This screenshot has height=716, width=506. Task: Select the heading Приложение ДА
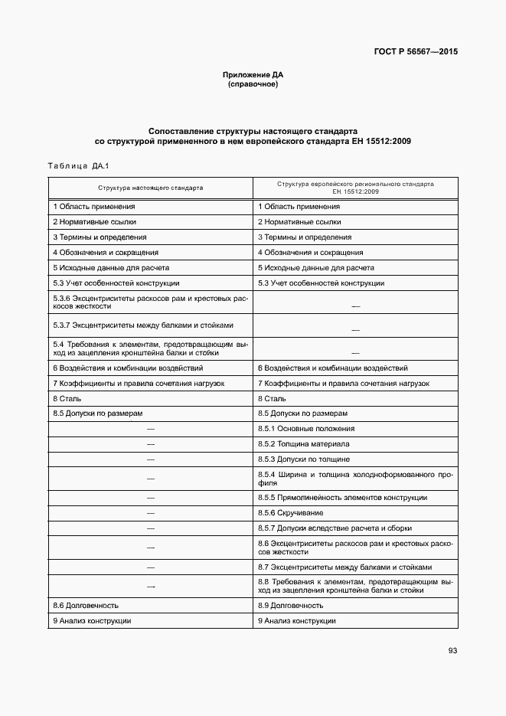coord(253,75)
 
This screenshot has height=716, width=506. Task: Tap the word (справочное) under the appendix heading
coord(253,83)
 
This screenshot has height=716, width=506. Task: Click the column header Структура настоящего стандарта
coord(150,187)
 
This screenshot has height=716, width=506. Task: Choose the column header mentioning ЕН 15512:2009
coord(355,187)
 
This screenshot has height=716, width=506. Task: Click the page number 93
coord(452,651)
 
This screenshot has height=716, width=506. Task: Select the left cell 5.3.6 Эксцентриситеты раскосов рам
coord(150,302)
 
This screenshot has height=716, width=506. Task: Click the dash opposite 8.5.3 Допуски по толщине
coord(150,459)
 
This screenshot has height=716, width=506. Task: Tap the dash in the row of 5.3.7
coord(355,329)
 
